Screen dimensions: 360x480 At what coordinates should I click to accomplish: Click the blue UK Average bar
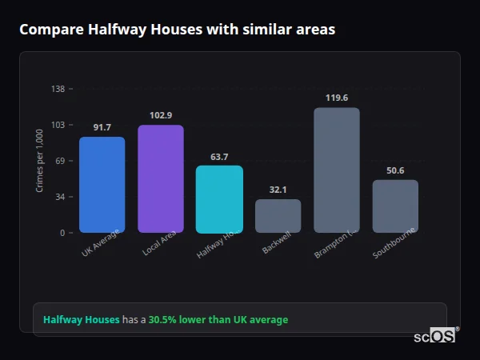coord(102,185)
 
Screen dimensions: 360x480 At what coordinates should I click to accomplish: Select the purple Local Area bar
coord(161,179)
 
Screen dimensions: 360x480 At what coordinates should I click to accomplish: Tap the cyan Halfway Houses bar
coord(219,199)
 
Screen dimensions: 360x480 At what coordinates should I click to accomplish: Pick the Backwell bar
coord(278,216)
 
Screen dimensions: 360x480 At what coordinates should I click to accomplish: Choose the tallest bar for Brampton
coord(337,170)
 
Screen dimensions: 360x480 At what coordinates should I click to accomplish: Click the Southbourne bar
coord(395,206)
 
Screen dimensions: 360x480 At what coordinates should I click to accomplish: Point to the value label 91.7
coord(102,127)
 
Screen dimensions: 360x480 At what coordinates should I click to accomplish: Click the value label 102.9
coord(161,115)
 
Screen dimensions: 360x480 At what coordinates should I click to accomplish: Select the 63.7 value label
coord(219,157)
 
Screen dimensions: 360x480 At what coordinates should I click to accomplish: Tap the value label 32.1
coord(278,190)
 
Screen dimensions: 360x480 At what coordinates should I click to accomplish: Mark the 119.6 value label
coord(337,98)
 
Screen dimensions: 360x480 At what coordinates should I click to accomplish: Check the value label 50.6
coord(395,170)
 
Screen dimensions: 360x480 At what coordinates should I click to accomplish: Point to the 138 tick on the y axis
coord(58,89)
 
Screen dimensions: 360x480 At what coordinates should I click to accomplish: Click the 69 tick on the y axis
coord(60,161)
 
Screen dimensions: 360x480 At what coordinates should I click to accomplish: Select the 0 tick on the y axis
coord(62,233)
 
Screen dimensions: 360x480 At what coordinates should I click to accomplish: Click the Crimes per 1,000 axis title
coord(40,161)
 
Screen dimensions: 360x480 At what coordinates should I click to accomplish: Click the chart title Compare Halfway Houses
coord(177,30)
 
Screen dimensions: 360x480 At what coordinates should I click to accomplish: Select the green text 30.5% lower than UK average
coord(218,320)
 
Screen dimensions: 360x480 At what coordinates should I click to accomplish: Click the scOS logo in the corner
coord(435,336)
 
